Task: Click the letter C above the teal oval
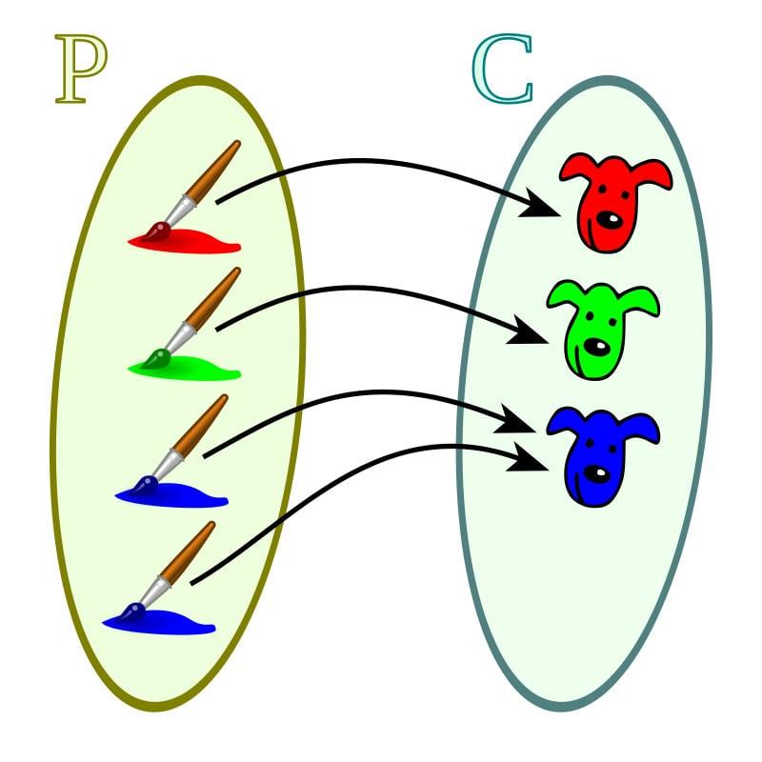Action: click(502, 72)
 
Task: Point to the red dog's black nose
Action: click(610, 221)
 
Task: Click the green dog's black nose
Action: click(597, 345)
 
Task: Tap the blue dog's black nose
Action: click(597, 471)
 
